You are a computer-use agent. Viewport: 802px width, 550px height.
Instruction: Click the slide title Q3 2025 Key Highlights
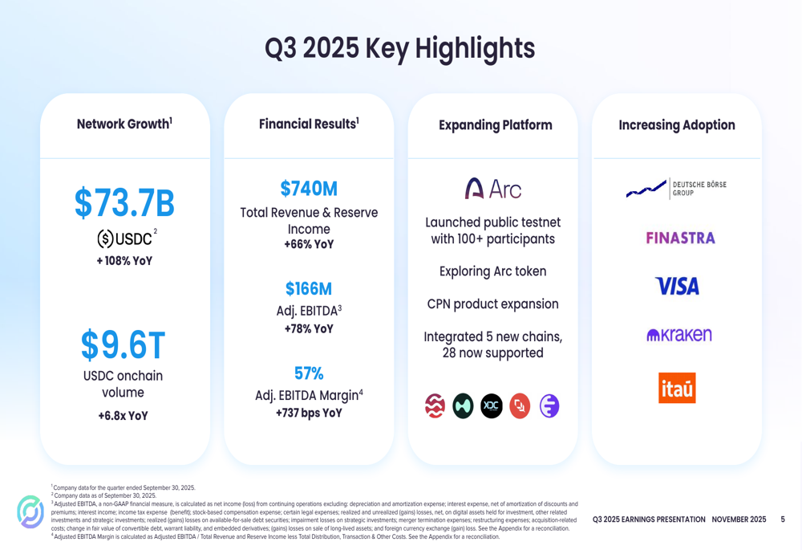tap(399, 48)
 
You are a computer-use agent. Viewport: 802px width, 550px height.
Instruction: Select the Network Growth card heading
tap(124, 124)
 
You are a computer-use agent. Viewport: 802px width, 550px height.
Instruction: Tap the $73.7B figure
tap(124, 203)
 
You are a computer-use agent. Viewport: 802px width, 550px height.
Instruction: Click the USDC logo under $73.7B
tap(124, 238)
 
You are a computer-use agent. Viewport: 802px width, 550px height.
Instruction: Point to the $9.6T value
tap(124, 345)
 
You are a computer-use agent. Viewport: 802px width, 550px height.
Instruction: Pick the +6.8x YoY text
tap(124, 416)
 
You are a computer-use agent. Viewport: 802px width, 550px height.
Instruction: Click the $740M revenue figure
tap(309, 189)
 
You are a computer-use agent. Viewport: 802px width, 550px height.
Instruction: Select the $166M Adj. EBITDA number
tap(309, 289)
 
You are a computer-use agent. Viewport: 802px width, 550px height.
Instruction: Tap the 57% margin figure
tap(309, 373)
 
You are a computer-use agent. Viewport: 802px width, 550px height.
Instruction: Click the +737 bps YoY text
tap(309, 413)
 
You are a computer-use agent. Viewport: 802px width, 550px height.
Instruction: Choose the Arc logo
tap(492, 189)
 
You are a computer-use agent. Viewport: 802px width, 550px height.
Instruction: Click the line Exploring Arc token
tap(492, 271)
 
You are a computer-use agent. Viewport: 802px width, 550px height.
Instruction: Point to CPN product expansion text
tap(492, 304)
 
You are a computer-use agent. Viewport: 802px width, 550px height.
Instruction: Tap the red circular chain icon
tap(520, 406)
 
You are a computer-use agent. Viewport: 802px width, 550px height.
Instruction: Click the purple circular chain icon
tap(549, 406)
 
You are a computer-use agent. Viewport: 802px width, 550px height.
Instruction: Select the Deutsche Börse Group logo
tap(676, 189)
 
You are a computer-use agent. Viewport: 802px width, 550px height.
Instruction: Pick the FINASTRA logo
tap(680, 238)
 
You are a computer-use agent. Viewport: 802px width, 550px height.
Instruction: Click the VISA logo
tap(677, 286)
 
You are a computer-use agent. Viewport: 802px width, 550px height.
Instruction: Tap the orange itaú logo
tap(677, 388)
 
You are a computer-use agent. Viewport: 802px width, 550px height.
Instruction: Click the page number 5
tap(783, 519)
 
